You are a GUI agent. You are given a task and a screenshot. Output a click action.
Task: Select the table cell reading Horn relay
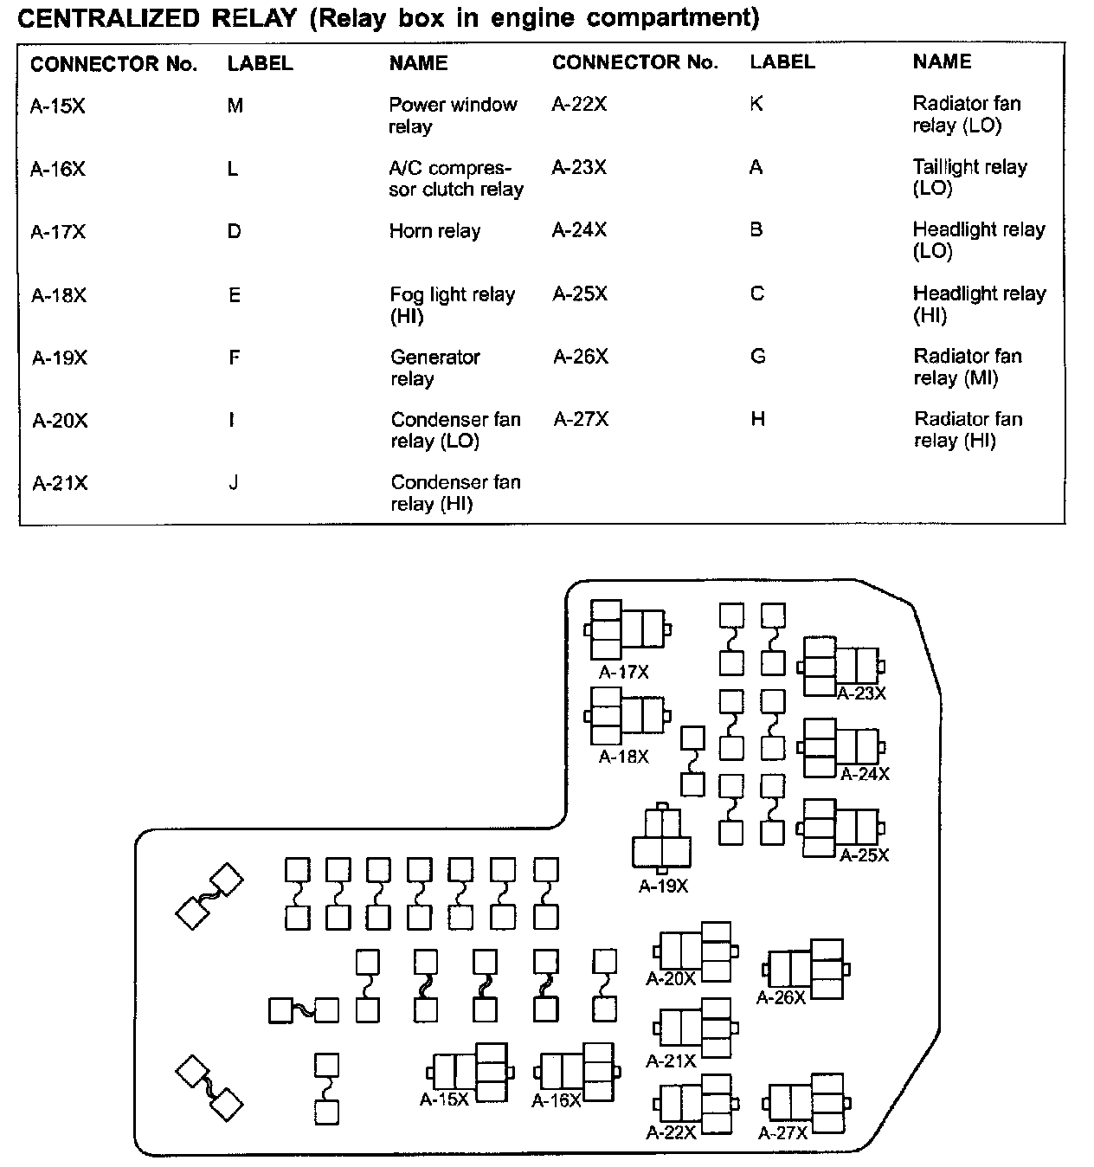[x=434, y=231]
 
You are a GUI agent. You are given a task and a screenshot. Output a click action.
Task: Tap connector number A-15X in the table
[x=58, y=106]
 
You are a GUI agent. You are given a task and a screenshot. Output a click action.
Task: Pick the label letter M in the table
[x=235, y=106]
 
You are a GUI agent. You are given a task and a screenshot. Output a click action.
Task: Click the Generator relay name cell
[x=434, y=368]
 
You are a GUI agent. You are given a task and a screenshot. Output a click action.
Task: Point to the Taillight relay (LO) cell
[x=969, y=177]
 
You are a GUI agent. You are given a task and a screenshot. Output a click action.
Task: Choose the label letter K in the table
[x=756, y=104]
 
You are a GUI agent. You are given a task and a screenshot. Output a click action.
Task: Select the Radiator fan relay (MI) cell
[x=968, y=367]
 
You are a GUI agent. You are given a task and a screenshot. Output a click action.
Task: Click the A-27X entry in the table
[x=581, y=420]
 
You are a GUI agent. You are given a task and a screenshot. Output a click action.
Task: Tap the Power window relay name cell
[x=452, y=115]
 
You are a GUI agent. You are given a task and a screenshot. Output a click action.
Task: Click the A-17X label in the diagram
[x=623, y=673]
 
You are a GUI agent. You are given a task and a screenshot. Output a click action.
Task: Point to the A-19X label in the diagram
[x=663, y=887]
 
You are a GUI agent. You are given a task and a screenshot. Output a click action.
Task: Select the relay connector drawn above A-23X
[x=840, y=666]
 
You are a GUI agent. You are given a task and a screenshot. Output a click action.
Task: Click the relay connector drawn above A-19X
[x=662, y=839]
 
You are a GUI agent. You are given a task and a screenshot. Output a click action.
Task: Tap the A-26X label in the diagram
[x=781, y=997]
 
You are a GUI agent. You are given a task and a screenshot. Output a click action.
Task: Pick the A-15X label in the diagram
[x=444, y=1099]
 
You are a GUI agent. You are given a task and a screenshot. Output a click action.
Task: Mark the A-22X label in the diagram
[x=671, y=1132]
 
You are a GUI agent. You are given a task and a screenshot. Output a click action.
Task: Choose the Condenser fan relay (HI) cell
[x=455, y=493]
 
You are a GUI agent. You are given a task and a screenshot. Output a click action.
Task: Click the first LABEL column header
[x=260, y=64]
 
